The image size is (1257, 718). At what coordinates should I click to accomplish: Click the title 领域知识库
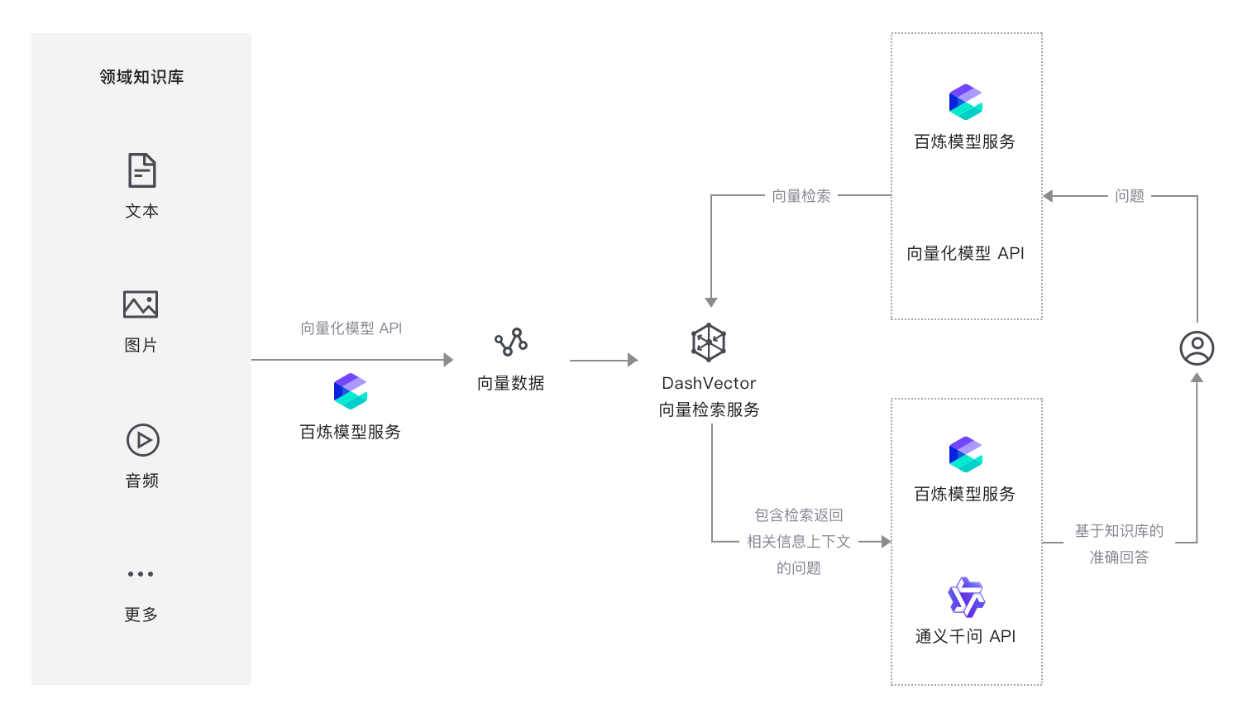[x=141, y=77]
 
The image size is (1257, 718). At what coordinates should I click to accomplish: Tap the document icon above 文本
[x=141, y=170]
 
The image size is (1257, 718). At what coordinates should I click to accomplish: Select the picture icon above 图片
[x=141, y=304]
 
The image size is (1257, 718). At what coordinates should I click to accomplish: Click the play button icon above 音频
[x=142, y=440]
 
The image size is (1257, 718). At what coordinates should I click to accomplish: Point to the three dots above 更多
[x=141, y=574]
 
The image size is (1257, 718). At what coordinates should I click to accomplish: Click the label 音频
[x=141, y=481]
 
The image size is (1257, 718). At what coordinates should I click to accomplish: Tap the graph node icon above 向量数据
[x=511, y=342]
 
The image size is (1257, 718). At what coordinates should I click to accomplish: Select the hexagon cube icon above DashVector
[x=709, y=342]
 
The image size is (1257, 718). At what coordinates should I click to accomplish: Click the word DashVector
[x=709, y=383]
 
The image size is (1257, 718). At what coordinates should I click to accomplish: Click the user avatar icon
[x=1197, y=348]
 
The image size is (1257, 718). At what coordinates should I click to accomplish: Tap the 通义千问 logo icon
[x=966, y=597]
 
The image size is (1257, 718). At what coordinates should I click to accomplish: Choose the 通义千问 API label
[x=965, y=636]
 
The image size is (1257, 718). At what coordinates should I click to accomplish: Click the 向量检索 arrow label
[x=801, y=196]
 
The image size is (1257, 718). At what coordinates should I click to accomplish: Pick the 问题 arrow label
[x=1129, y=196]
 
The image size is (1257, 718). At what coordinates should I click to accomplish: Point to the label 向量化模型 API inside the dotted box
[x=965, y=253]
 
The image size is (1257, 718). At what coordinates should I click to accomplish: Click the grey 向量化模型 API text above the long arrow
[x=351, y=328]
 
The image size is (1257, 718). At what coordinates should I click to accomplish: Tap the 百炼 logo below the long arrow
[x=351, y=391]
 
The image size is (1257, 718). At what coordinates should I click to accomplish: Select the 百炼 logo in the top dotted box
[x=966, y=102]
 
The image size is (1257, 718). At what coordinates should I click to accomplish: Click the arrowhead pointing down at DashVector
[x=711, y=303]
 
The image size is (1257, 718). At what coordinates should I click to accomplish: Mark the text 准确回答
[x=1119, y=558]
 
